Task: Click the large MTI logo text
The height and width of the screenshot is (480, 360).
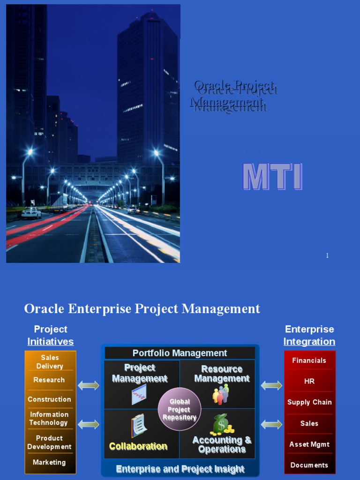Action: click(272, 177)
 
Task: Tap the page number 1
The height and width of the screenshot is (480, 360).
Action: click(327, 255)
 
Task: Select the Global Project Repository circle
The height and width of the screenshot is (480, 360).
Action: click(180, 409)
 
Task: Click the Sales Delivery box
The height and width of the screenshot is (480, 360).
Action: click(50, 362)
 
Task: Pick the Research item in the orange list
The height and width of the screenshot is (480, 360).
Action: click(49, 380)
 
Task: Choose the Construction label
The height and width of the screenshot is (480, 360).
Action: click(49, 399)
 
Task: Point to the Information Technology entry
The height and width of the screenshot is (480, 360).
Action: click(49, 419)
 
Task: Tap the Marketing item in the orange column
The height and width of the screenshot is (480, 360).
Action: click(49, 462)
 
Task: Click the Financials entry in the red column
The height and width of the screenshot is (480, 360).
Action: click(309, 360)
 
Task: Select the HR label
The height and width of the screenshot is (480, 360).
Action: click(309, 381)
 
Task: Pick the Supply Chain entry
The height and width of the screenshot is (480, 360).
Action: click(309, 402)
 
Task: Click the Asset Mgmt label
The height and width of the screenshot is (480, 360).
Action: click(309, 444)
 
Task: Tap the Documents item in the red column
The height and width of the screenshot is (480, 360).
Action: click(309, 465)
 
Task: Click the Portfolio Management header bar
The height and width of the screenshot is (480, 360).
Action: click(180, 353)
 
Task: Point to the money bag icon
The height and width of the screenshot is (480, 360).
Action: click(221, 424)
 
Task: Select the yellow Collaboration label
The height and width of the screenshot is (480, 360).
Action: click(138, 446)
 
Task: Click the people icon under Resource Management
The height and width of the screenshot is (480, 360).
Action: click(221, 394)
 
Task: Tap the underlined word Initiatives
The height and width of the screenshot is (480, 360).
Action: click(50, 342)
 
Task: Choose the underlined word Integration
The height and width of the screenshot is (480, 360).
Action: click(309, 342)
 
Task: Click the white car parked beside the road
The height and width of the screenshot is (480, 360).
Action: click(31, 213)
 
